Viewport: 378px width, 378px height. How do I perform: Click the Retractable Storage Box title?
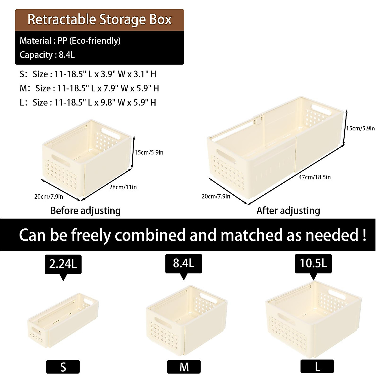99,20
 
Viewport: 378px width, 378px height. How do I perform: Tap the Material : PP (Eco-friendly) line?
70,41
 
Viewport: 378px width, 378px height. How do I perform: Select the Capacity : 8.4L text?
47,55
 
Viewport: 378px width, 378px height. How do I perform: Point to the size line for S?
88,74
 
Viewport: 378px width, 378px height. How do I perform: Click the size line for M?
89,88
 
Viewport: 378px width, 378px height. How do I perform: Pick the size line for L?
88,102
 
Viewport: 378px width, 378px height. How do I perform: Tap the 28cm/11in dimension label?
123,187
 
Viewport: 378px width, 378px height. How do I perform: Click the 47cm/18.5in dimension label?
314,177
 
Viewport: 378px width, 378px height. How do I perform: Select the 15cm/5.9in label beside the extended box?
360,128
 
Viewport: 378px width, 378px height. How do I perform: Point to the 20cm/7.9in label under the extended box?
216,197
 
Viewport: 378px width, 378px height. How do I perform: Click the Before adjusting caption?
85,210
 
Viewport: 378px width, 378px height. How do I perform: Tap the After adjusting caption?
288,210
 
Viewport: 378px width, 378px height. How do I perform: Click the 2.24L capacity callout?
63,264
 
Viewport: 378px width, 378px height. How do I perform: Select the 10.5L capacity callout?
313,263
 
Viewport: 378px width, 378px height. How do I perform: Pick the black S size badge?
63,367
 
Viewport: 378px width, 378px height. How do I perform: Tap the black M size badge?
184,367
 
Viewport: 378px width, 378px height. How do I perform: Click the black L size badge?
317,366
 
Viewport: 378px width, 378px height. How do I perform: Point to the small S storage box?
63,321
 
